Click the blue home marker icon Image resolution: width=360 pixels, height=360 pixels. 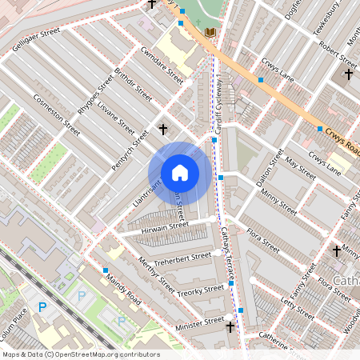[x=180, y=173]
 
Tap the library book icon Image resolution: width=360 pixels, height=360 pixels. [x=210, y=32]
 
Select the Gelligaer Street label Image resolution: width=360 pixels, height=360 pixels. [x=37, y=42]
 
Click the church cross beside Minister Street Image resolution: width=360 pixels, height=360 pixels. [x=231, y=326]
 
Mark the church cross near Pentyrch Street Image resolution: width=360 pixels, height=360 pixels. [x=163, y=128]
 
